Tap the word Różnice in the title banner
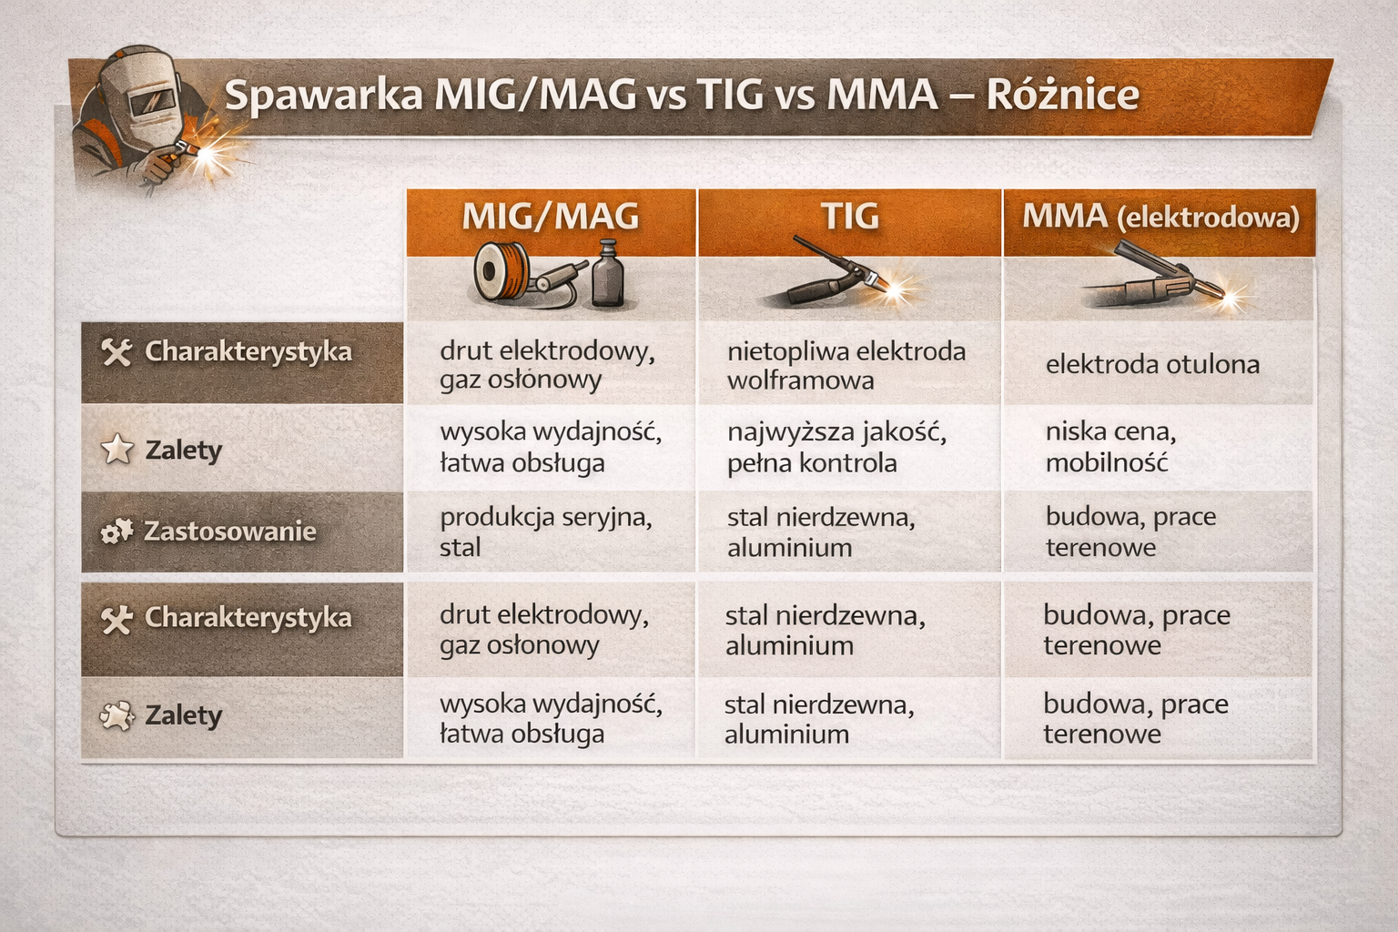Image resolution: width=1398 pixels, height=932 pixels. point(1063,94)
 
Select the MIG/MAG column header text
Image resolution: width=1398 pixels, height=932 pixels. point(551,216)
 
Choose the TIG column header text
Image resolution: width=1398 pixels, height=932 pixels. point(849,216)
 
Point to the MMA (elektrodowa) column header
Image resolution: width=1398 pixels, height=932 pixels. point(1160,218)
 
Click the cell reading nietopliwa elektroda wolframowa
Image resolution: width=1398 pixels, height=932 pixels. point(846,366)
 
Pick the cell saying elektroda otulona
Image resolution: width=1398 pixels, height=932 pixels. point(1153,365)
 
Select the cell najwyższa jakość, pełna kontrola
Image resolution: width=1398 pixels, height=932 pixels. point(837,448)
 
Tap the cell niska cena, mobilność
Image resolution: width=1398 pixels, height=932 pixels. point(1111,447)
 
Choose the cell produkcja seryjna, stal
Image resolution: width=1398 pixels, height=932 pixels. point(546,532)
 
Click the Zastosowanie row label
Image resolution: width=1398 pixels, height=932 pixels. point(230,532)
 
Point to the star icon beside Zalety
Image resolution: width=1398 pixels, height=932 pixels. point(116,450)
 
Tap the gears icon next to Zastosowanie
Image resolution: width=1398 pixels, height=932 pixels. point(116,532)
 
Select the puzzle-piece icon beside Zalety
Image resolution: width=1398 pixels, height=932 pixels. point(116,716)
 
